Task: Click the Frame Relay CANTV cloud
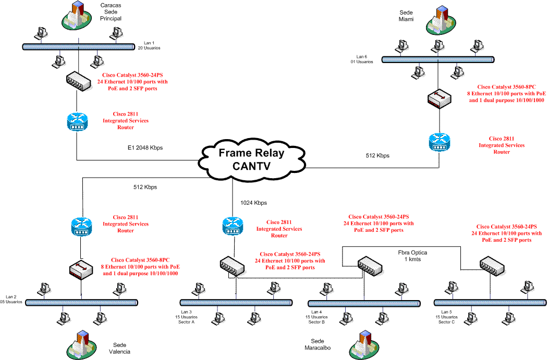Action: pos(252,160)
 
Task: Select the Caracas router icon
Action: pos(77,122)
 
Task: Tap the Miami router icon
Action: pos(440,142)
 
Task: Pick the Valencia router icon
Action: pos(81,227)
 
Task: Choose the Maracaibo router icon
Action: pos(233,226)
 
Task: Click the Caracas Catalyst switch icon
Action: pos(79,81)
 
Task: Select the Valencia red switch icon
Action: pos(81,269)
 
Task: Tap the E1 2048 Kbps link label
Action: pos(145,148)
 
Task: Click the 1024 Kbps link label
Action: pos(253,203)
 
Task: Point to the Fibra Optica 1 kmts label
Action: pos(412,256)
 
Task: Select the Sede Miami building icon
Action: pos(441,20)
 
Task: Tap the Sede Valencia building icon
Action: pos(81,345)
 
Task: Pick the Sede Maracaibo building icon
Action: pos(364,345)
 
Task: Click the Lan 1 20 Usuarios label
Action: pos(149,45)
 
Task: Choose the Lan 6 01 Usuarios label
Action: pos(362,59)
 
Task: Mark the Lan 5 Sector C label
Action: pos(446,317)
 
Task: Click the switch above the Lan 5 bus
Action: pos(492,266)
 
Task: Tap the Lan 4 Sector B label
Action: pos(316,317)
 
